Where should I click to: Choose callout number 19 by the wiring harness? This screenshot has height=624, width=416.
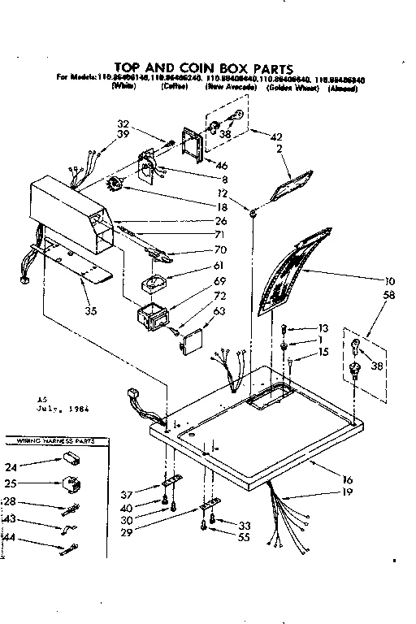pyautogui.click(x=349, y=492)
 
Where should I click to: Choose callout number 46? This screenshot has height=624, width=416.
pyautogui.click(x=221, y=165)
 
